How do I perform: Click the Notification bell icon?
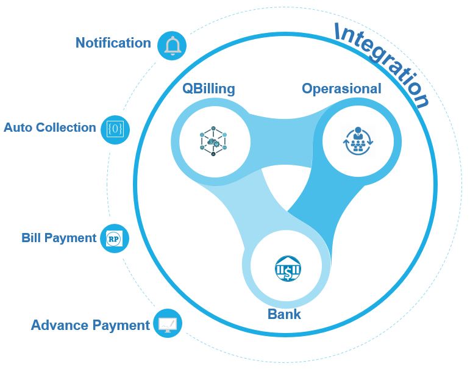(x=172, y=46)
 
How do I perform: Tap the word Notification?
(x=113, y=43)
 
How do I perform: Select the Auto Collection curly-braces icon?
(x=115, y=129)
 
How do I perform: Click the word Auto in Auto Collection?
(x=17, y=127)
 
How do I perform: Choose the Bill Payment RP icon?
(x=114, y=238)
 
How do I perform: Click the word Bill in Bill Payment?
(x=31, y=238)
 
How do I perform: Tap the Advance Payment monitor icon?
(x=168, y=323)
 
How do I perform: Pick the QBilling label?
(x=208, y=89)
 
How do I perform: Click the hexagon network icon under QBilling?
(x=213, y=141)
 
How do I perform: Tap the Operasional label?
(x=341, y=89)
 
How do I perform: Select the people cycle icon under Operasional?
(x=358, y=141)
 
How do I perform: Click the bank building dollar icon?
(x=288, y=268)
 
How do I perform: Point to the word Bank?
(x=284, y=314)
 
